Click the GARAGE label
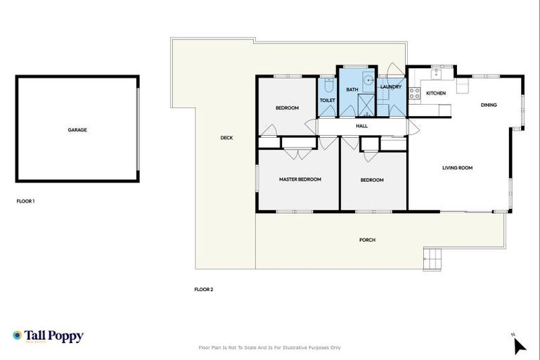77,130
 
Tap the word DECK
226,138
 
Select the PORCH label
367,240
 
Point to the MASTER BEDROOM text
300,179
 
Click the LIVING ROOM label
457,168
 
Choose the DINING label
489,105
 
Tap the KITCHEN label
436,94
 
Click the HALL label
361,126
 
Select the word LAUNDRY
390,87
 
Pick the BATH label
352,90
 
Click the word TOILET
328,101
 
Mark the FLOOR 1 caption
25,201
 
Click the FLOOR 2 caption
203,289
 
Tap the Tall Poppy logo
48,336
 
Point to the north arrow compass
519,345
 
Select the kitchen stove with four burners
415,92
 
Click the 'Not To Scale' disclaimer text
270,347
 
